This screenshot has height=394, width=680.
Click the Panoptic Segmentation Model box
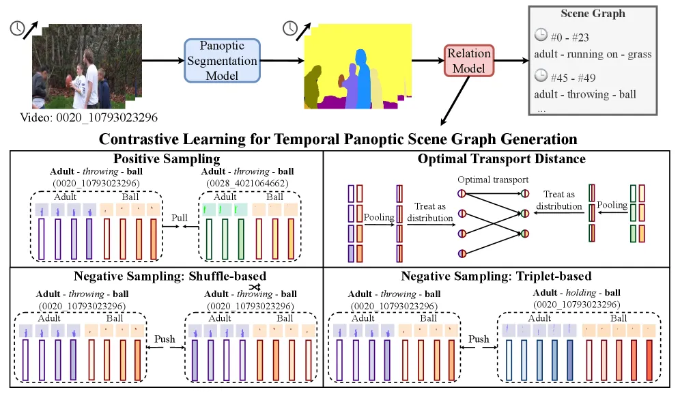pos(222,61)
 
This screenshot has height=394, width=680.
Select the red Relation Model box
pos(469,61)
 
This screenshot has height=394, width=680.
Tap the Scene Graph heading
pos(593,14)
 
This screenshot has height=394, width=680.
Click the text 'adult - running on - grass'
pos(593,54)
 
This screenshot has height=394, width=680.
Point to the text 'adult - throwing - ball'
pos(585,94)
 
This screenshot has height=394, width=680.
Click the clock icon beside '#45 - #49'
pos(541,76)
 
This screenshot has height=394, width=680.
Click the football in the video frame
pos(68,81)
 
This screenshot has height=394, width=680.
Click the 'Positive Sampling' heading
pos(167,158)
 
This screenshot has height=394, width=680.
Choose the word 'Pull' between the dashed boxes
pos(179,217)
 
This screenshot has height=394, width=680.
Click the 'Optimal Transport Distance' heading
pos(501,159)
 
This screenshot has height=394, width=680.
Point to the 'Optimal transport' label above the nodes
pos(493,180)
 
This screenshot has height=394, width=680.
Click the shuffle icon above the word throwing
pos(255,287)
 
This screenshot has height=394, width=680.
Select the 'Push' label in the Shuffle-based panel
pos(165,339)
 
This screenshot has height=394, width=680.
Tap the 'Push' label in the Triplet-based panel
pos(479,339)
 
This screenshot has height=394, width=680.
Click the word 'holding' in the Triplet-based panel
pos(581,292)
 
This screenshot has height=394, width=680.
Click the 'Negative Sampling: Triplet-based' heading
pos(496,276)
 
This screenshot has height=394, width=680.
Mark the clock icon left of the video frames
pos(17,29)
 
